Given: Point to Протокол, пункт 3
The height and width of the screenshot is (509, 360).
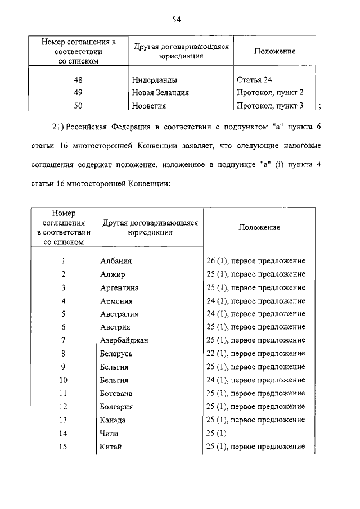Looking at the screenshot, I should (270, 105).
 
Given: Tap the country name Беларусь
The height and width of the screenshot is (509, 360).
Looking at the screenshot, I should (117, 354).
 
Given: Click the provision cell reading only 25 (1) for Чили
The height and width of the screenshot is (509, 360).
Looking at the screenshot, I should (217, 433).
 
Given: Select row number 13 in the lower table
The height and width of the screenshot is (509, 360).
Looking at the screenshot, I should (64, 420).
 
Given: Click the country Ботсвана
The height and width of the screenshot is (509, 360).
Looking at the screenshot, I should (116, 393).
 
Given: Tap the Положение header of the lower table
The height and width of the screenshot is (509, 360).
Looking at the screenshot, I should (259, 227).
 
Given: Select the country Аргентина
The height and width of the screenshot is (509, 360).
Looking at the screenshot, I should (119, 288).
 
